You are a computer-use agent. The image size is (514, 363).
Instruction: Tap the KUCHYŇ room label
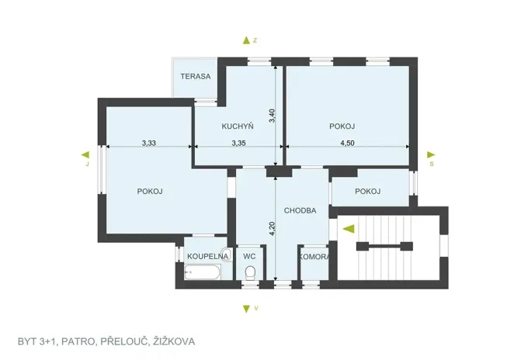(238, 126)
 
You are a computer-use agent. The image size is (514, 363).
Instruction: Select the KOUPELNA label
(207, 255)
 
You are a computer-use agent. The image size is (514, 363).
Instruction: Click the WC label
(249, 255)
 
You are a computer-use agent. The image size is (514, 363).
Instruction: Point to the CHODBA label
(300, 210)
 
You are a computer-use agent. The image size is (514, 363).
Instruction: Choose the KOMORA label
(314, 257)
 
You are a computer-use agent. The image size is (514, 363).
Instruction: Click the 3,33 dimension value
(151, 142)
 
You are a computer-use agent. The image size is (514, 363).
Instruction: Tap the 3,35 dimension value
(239, 142)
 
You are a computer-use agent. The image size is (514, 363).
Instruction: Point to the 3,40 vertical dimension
(272, 116)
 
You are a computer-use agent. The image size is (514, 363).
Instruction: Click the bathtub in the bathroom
(203, 271)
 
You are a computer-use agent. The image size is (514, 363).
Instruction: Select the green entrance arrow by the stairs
(349, 228)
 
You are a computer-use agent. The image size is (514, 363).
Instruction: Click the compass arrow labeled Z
(246, 40)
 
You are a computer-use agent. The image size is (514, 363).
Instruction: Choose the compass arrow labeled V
(246, 308)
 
